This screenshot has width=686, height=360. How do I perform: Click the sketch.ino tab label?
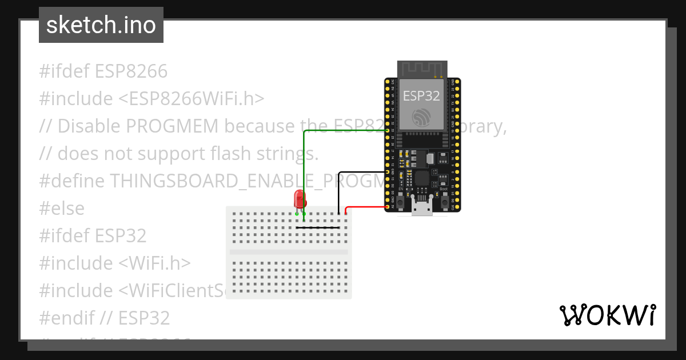(x=101, y=25)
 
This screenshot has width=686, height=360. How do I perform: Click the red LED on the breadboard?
(x=300, y=199)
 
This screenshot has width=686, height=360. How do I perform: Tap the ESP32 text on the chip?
(x=421, y=96)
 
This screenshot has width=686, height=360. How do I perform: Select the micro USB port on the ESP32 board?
(x=422, y=209)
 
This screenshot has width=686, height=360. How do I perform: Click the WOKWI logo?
(x=607, y=315)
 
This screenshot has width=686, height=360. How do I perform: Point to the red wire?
(x=366, y=207)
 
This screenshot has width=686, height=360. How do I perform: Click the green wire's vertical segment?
(x=304, y=171)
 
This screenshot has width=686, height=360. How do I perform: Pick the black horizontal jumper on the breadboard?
(x=318, y=227)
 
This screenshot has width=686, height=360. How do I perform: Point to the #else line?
(x=62, y=209)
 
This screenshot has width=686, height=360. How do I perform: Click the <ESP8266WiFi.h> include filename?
(x=192, y=99)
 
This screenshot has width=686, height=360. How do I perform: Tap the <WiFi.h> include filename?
(x=154, y=263)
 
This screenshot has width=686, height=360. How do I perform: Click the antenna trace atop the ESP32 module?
(x=422, y=69)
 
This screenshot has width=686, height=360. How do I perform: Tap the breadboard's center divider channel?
(x=289, y=251)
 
